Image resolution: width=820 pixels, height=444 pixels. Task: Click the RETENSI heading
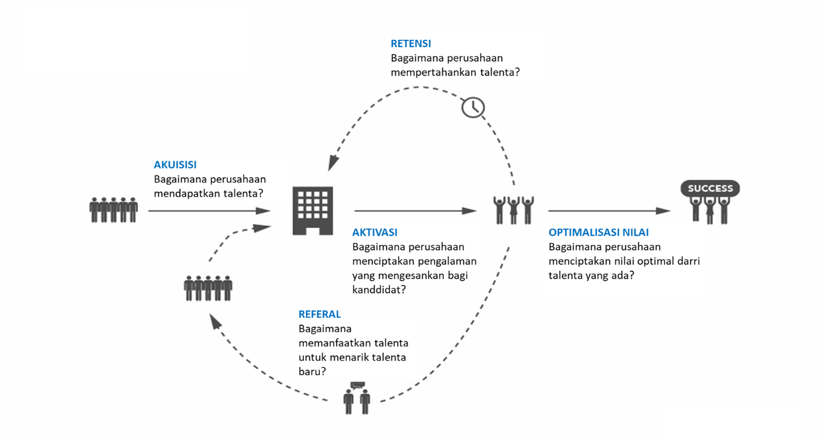click(411, 43)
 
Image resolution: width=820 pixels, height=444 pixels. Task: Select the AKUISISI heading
click(175, 165)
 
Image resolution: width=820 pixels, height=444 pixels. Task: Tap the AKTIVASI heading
click(375, 232)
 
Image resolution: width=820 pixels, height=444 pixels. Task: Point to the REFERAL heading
click(319, 314)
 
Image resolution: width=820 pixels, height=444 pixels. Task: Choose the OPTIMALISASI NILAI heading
click(598, 232)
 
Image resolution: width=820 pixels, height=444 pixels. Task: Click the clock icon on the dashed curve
click(473, 107)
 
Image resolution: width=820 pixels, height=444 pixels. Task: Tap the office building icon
click(312, 210)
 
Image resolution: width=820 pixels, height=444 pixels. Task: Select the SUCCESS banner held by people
click(710, 188)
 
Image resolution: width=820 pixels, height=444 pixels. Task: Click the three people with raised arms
click(514, 210)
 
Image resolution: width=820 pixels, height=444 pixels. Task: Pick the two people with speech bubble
click(357, 398)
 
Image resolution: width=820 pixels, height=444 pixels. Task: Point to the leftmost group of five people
click(113, 210)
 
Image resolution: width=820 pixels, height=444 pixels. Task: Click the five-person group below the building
click(208, 288)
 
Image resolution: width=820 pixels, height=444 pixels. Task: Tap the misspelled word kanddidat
click(379, 290)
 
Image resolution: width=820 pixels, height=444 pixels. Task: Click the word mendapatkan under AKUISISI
click(185, 194)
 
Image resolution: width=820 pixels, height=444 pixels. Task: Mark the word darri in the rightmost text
click(689, 261)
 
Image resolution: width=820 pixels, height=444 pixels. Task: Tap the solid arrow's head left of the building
click(263, 211)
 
